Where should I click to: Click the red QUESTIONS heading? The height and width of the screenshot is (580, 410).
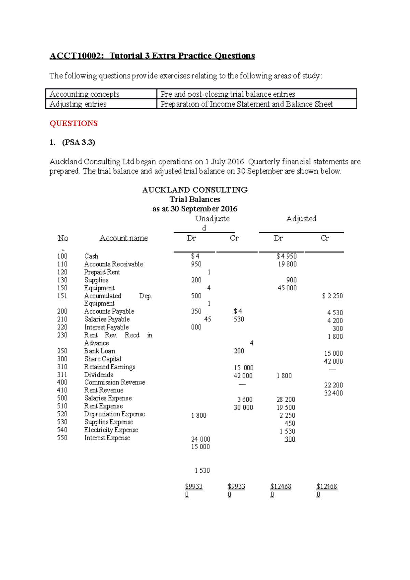(73, 123)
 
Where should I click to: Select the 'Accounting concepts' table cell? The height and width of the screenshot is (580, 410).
(84, 94)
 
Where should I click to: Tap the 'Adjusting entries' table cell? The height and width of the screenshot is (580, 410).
(78, 104)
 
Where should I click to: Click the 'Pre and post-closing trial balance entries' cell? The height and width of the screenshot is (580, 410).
(228, 94)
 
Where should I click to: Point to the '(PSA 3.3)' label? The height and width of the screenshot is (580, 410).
(78, 142)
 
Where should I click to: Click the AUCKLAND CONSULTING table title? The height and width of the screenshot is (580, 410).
(195, 190)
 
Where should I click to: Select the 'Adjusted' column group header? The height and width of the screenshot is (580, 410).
(301, 219)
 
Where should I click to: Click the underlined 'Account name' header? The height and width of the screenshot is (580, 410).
(123, 238)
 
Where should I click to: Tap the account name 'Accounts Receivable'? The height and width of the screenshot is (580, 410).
(113, 264)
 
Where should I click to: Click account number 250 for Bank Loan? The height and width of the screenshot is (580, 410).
(62, 351)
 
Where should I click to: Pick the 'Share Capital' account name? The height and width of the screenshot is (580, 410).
(102, 359)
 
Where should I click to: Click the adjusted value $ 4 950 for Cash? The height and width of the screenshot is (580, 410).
(286, 256)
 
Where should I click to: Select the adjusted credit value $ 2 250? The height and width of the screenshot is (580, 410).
(332, 296)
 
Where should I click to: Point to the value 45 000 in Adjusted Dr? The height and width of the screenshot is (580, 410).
(287, 288)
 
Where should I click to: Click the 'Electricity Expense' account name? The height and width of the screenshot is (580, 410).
(111, 430)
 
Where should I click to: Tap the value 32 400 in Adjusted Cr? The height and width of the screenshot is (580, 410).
(333, 393)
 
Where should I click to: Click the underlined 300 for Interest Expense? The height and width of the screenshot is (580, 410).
(290, 439)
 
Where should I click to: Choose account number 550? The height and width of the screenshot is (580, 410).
(62, 438)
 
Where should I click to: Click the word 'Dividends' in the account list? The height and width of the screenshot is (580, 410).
(98, 375)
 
